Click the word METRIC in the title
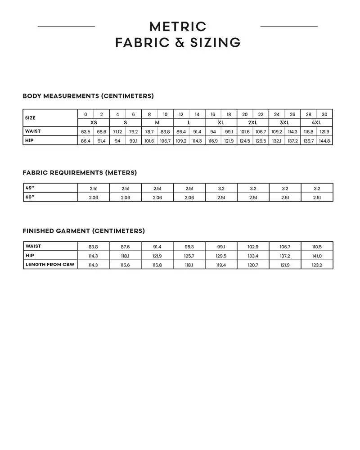(x=178, y=27)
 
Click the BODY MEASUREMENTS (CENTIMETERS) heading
(x=88, y=96)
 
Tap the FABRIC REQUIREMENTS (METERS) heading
(x=80, y=173)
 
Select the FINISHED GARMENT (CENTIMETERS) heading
(x=84, y=231)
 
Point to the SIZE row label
(x=31, y=118)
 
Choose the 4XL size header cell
(x=316, y=122)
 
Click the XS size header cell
(x=94, y=122)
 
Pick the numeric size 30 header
(x=324, y=114)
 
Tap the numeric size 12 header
(x=181, y=114)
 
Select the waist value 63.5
(x=85, y=131)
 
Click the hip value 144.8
(x=324, y=141)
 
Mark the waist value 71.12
(x=117, y=131)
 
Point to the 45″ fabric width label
(x=30, y=188)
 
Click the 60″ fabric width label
(x=30, y=197)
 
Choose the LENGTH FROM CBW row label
(x=50, y=265)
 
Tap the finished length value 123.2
(x=317, y=265)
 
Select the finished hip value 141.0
(x=317, y=256)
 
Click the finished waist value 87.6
(x=125, y=247)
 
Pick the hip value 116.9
(x=213, y=141)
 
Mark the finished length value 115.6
(x=125, y=265)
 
